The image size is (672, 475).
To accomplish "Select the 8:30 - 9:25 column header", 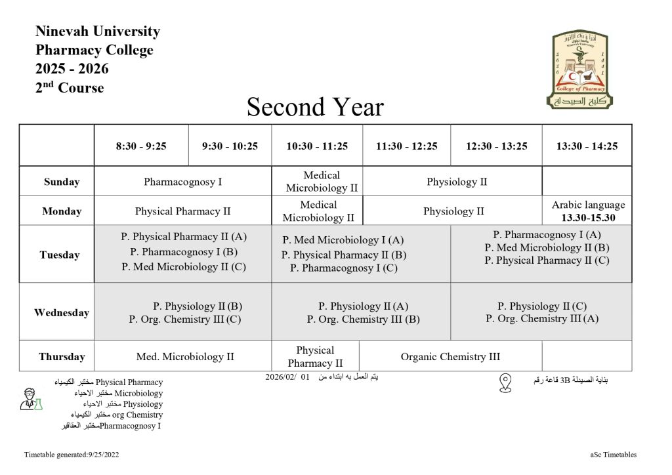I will (141, 146).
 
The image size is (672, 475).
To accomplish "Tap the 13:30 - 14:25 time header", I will (587, 146).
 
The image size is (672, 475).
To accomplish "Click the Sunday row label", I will (62, 182).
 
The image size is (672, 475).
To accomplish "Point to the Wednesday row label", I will (62, 313).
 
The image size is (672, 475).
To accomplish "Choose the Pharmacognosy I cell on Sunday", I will (182, 182).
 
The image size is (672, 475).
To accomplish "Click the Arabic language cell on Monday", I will (588, 211).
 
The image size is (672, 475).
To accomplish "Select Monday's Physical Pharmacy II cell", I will (182, 211).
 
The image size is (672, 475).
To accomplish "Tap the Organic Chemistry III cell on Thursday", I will (450, 357).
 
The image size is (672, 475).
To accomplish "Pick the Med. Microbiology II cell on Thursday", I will (185, 357).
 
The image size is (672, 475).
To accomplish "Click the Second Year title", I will (315, 107).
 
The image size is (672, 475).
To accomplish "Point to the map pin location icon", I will (505, 383).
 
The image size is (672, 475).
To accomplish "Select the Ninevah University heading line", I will (98, 31).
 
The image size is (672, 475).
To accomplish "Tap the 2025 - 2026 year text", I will (72, 69).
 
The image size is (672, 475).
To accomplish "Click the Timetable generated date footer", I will (72, 455).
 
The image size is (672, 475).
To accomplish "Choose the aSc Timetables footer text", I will (613, 455).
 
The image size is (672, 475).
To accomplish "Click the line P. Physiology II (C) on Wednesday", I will (542, 306).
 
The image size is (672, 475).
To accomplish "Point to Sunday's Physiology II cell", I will (457, 182).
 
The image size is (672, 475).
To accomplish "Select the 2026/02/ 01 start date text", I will (287, 377).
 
